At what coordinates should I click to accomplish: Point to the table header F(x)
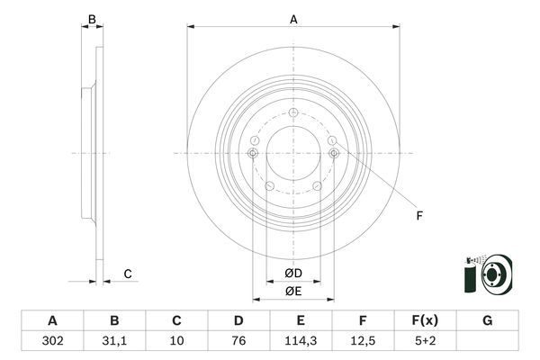click(425, 320)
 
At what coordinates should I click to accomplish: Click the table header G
click(487, 320)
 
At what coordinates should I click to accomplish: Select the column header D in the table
click(238, 320)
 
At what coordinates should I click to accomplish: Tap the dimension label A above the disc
click(293, 18)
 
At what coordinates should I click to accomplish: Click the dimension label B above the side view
click(91, 18)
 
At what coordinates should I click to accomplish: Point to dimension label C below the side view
click(128, 274)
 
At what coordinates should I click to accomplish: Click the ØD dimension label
click(292, 274)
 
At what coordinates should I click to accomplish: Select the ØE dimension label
click(292, 290)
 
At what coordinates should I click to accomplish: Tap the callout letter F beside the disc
click(418, 214)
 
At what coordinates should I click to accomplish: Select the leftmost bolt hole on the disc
click(253, 154)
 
